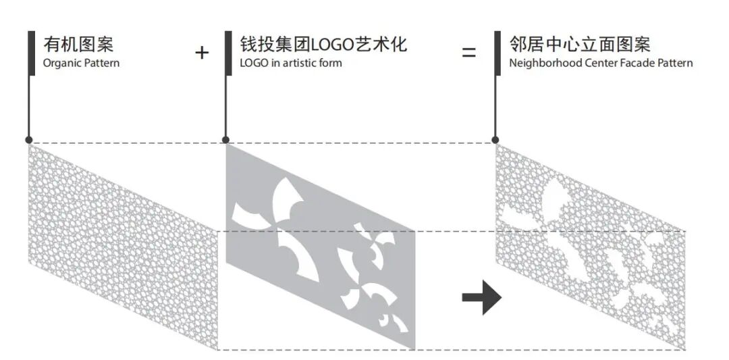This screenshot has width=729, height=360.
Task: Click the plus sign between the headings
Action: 202,53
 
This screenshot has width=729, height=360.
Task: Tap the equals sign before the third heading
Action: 468,52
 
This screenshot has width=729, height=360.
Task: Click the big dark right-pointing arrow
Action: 481,298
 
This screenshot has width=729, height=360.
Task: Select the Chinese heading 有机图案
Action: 78,45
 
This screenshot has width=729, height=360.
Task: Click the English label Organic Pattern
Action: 81,63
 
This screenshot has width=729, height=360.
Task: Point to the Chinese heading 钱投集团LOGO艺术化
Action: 323,45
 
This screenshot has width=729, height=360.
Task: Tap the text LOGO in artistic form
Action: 291,63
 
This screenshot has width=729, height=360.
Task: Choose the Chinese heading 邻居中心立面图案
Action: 580,45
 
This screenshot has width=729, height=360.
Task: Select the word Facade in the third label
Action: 630,63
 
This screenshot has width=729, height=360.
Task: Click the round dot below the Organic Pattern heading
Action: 29,140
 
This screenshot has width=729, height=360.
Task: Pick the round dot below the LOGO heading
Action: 225,140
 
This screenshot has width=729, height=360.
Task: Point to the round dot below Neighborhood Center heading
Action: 495,140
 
